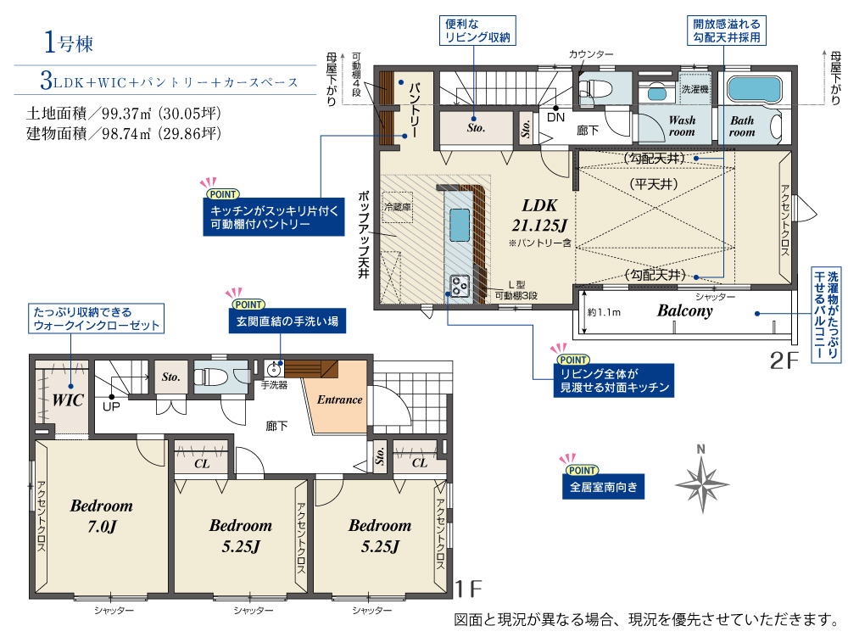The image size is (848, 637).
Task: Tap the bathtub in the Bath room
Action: [754, 89]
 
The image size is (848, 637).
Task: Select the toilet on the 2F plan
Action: [594, 88]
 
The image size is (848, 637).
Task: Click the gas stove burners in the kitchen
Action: [460, 286]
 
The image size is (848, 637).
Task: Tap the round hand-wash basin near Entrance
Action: [274, 370]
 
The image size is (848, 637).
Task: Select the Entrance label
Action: [340, 400]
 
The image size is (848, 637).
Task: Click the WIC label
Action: [68, 400]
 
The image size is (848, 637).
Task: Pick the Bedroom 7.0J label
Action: [102, 516]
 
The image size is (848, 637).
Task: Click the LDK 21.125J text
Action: [539, 215]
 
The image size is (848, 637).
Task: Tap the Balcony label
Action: [684, 311]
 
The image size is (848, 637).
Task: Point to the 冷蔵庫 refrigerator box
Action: [398, 207]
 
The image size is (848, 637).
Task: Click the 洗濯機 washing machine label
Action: [695, 89]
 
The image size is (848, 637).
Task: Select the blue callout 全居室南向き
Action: [603, 487]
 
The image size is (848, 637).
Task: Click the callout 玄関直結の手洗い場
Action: [287, 321]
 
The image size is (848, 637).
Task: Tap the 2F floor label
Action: [784, 360]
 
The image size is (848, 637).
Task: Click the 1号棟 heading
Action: [69, 42]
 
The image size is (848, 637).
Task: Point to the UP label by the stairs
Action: [111, 406]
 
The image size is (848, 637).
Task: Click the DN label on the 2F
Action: [556, 117]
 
